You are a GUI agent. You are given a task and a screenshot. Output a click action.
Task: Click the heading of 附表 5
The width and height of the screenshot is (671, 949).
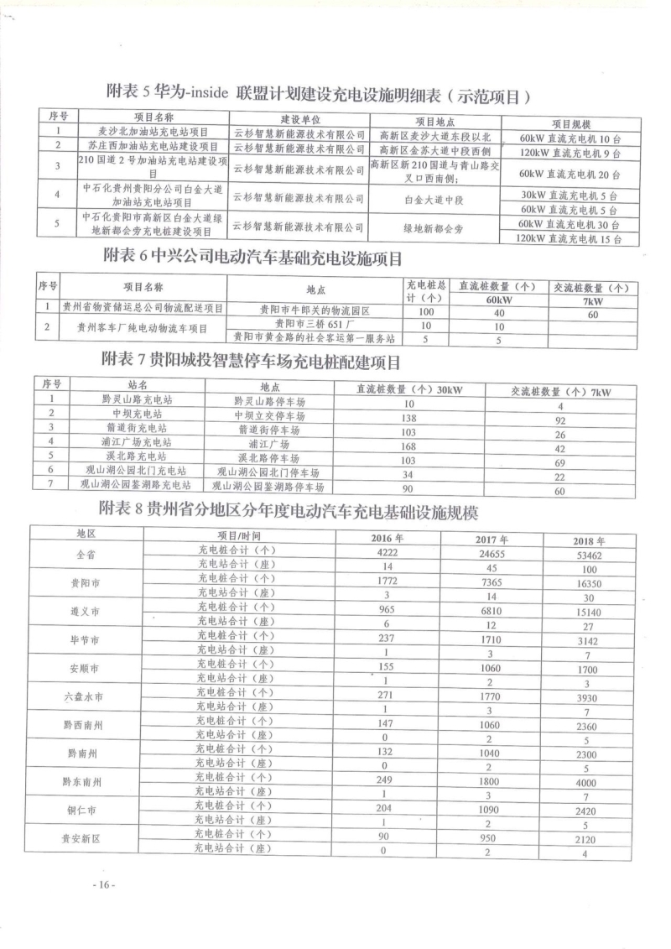pyautogui.click(x=318, y=91)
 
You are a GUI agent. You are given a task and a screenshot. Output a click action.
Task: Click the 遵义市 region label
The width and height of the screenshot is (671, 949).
pyautogui.click(x=85, y=612)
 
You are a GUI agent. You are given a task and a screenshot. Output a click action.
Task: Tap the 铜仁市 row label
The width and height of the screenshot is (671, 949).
pyautogui.click(x=85, y=811)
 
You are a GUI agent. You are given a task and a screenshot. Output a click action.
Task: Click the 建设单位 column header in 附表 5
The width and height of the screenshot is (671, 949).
pyautogui.click(x=300, y=119)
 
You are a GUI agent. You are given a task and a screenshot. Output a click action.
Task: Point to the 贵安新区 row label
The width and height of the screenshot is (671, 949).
pyautogui.click(x=85, y=840)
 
